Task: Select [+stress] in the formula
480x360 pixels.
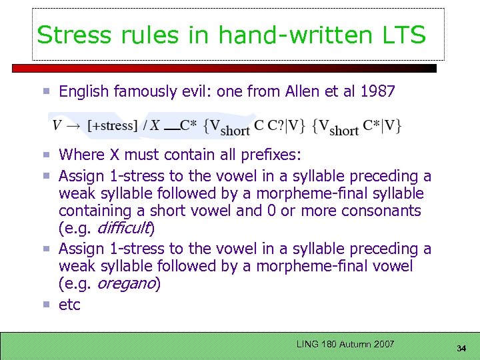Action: click(113, 125)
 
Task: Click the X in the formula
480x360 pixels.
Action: click(155, 125)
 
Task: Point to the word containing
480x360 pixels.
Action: click(92, 211)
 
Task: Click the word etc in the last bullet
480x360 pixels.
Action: click(69, 305)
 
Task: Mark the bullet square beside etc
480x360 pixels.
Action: click(48, 305)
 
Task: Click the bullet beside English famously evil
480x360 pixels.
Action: click(48, 91)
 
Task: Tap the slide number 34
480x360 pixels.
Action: click(461, 348)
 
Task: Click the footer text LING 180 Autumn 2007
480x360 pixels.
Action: click(346, 344)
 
